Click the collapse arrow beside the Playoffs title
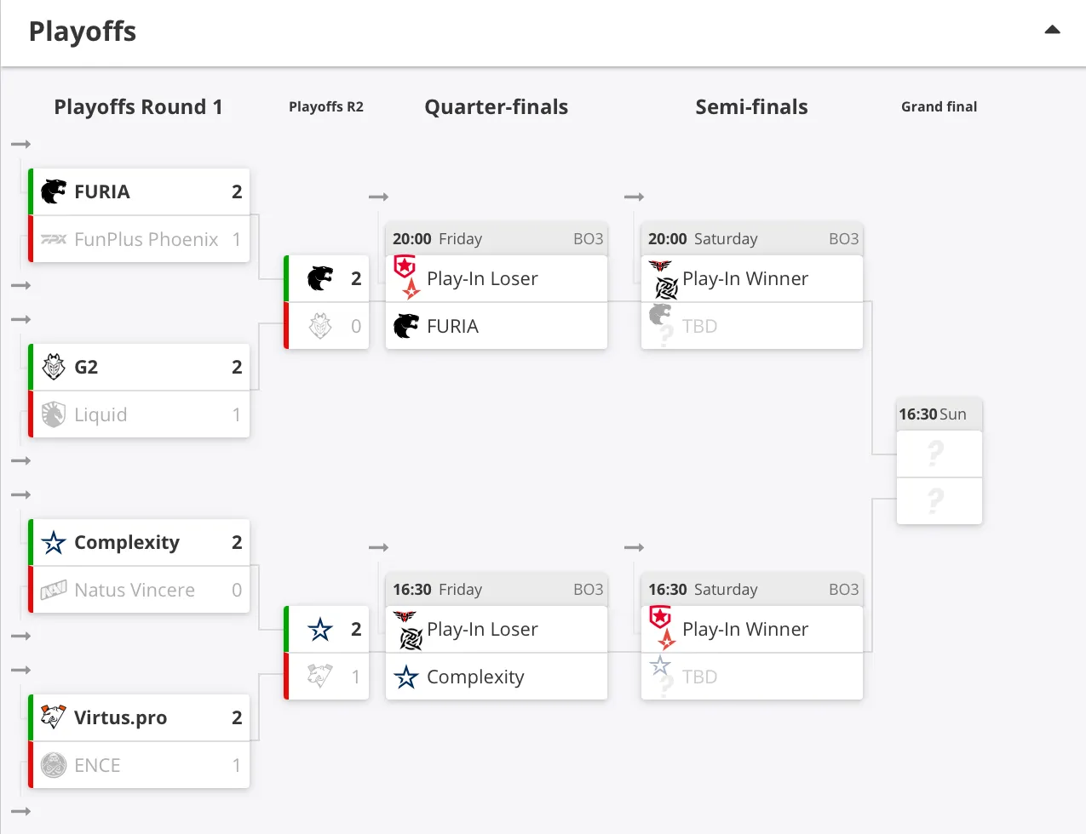pos(1052,30)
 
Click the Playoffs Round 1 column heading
pos(139,107)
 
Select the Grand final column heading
pos(939,106)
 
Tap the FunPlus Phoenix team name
pos(146,240)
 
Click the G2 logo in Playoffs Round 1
pos(54,367)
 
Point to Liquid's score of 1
pos(237,414)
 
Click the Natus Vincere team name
pos(135,590)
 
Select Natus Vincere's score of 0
pos(237,590)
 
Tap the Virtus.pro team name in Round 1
pos(120,717)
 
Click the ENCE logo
pos(54,765)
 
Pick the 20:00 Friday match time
pos(437,239)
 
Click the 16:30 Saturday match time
pos(703,590)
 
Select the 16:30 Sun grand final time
pos(933,414)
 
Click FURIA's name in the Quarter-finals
pos(452,327)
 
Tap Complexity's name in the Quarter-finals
pos(475,677)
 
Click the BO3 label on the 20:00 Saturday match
pos(843,239)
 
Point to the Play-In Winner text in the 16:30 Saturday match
pos(745,630)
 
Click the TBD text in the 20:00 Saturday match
pos(699,327)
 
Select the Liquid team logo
pos(54,414)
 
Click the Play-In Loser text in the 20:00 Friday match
pos(482,278)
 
